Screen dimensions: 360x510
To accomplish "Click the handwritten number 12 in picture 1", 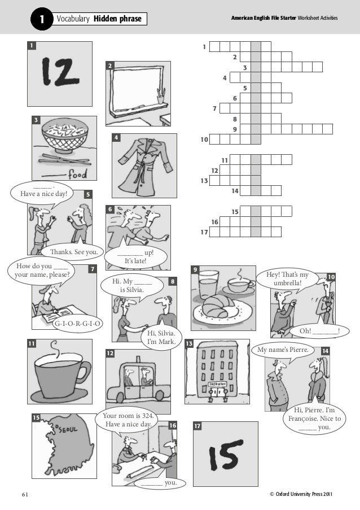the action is tap(60, 72).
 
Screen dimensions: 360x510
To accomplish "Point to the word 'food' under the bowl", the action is tap(77, 175).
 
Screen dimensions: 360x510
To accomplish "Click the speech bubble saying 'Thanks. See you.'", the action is tap(74, 252).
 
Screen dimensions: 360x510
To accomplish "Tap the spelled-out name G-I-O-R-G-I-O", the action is tap(77, 324).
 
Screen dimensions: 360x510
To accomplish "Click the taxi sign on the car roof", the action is tap(138, 359).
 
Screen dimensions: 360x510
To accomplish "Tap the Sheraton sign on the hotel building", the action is tap(218, 384).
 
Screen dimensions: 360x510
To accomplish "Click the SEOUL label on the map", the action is tap(68, 429).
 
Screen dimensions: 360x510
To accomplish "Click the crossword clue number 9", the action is tap(235, 129).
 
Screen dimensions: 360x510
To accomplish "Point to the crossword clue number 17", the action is tap(204, 232).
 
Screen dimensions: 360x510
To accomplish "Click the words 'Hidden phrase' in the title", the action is tap(117, 19).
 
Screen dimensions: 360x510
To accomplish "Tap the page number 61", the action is tap(25, 494).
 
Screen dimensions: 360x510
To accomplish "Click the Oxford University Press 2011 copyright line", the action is tap(301, 494).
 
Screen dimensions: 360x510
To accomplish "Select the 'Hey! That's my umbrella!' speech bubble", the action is tap(287, 279).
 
